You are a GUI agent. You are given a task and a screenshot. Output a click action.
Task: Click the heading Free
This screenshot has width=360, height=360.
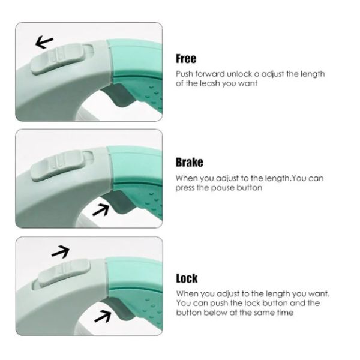point(186,59)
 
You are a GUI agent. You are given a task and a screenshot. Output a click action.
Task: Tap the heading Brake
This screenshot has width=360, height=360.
point(190,162)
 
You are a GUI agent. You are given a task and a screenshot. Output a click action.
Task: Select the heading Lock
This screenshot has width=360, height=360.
point(187,278)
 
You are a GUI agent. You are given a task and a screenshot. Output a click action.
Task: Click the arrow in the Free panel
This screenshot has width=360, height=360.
point(44,42)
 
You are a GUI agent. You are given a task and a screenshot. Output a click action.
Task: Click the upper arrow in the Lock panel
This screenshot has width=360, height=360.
point(60,251)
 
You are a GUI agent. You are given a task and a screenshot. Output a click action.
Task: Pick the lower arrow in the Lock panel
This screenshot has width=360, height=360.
point(103,316)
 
